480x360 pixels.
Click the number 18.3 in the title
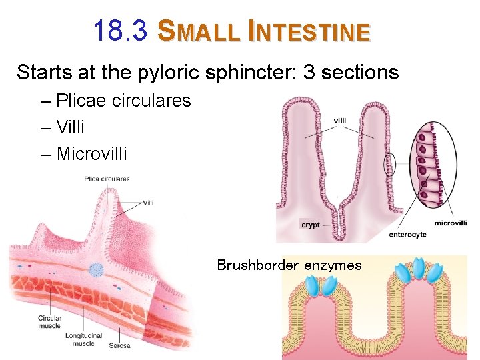click(x=120, y=30)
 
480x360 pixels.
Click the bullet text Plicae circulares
click(x=123, y=101)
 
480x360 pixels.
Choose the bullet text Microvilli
click(x=91, y=153)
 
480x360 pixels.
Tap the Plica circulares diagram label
click(x=107, y=179)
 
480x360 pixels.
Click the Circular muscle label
click(x=51, y=321)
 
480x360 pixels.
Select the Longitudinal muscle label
click(x=83, y=339)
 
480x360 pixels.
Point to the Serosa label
click(x=121, y=345)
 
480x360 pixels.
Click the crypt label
click(x=310, y=225)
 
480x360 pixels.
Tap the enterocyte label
click(x=407, y=234)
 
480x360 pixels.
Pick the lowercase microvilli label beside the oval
click(x=451, y=223)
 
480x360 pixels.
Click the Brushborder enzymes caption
click(x=289, y=265)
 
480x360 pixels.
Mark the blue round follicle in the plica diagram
click(x=97, y=270)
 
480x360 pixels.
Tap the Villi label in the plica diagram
click(x=148, y=203)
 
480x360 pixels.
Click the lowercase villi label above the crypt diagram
click(x=340, y=121)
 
